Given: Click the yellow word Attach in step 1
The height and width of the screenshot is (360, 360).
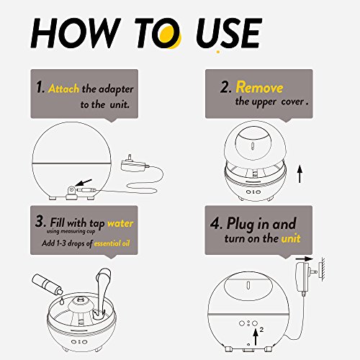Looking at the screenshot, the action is click(63, 89).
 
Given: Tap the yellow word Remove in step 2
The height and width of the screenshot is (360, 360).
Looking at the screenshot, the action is click(259, 87).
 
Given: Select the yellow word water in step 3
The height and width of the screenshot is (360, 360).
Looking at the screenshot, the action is click(120, 223).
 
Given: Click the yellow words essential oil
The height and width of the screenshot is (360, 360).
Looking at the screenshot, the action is click(112, 243).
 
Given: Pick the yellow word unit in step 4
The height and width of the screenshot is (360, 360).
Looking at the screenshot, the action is click(291, 238).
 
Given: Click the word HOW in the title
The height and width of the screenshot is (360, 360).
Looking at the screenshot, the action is click(76, 33).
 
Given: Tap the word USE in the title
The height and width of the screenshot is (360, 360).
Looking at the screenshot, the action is click(229, 33).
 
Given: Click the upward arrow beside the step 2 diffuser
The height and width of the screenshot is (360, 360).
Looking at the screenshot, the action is click(300, 174).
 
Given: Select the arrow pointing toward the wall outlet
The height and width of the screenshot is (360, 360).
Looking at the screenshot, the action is click(305, 258).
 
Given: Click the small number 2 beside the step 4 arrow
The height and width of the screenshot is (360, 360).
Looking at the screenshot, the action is click(261, 330).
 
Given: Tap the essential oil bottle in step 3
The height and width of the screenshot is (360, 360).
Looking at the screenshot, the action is click(47, 284).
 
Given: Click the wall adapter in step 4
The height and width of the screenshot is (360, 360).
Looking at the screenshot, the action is click(305, 279).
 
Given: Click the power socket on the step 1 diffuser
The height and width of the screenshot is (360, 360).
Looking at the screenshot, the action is click(71, 192).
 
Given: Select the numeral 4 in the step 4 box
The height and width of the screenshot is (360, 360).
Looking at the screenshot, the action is click(215, 223).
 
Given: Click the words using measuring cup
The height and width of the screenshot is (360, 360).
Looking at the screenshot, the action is click(71, 231).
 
